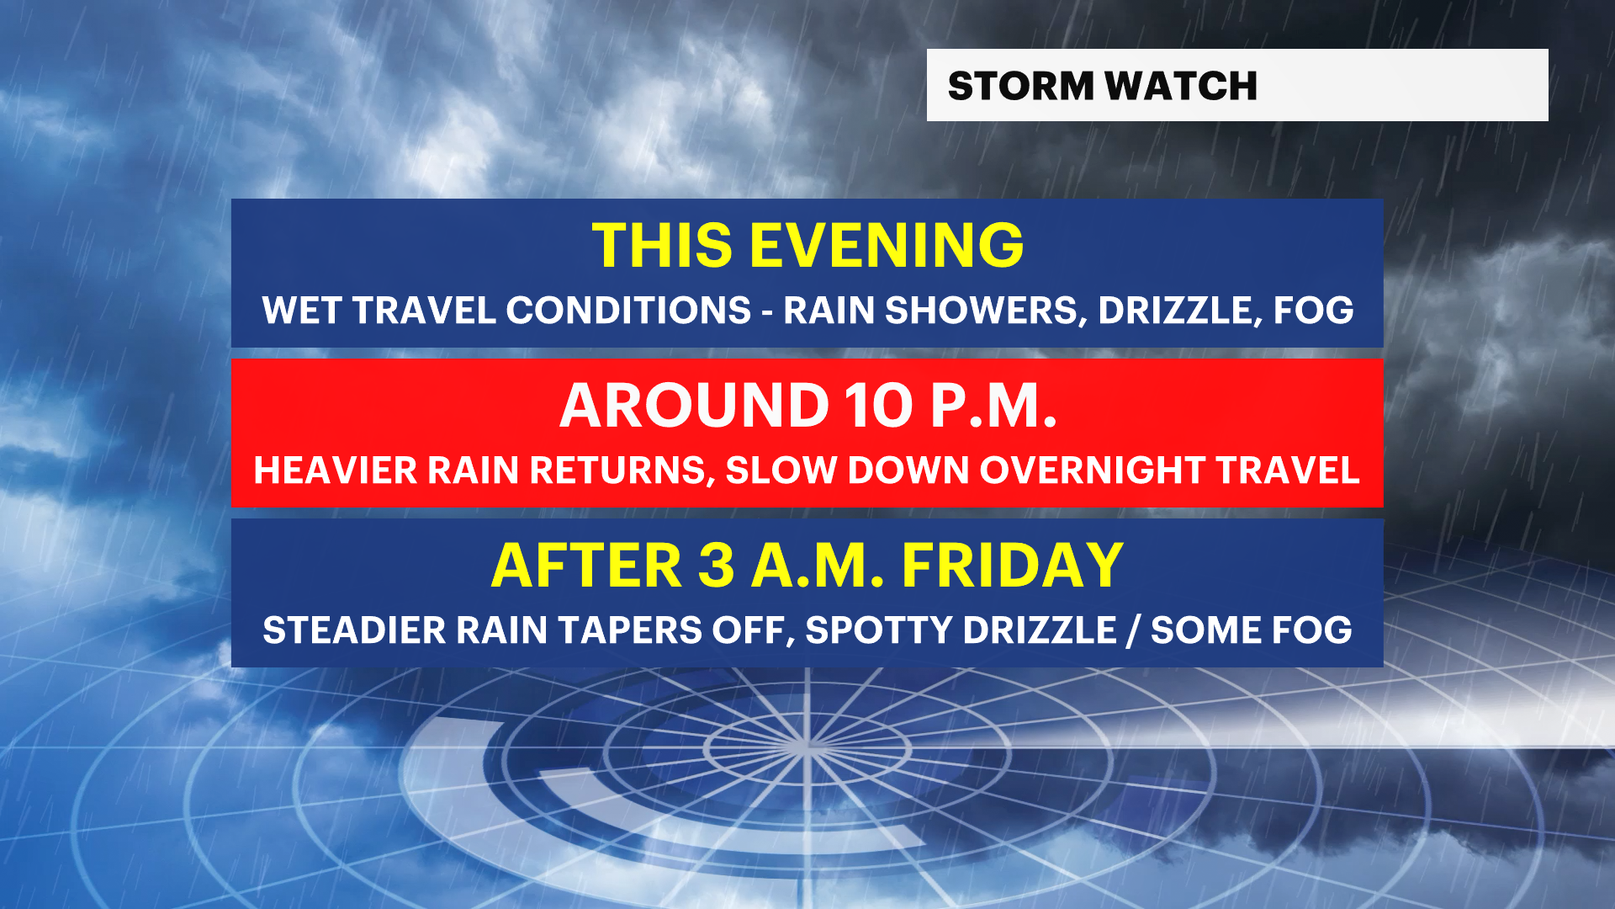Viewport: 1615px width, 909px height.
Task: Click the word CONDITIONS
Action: point(628,311)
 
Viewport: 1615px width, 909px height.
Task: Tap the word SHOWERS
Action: point(982,311)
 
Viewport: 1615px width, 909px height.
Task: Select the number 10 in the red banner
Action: point(879,406)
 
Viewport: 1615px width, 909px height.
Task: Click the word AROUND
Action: point(695,406)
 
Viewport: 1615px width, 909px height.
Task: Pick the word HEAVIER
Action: point(336,470)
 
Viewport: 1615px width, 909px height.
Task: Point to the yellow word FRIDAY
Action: point(1013,565)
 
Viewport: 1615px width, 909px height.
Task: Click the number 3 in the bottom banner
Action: point(717,565)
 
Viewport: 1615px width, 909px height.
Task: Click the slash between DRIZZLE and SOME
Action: point(1134,630)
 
